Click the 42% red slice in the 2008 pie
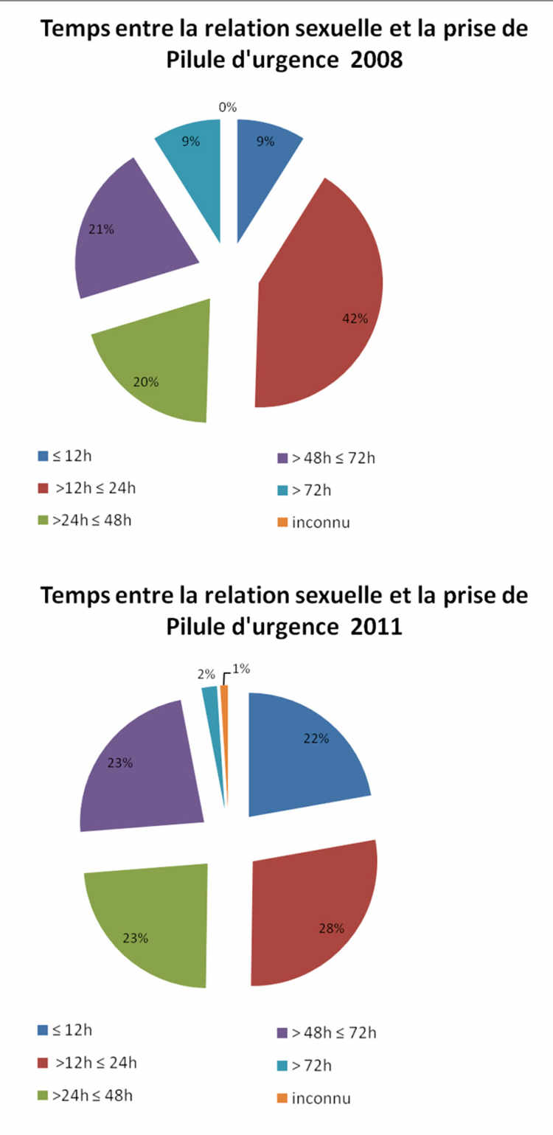coord(324,302)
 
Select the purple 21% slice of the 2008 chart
coord(133,236)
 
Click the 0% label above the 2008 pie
coord(228,108)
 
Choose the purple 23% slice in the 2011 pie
coord(140,767)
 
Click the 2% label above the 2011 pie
coord(206,674)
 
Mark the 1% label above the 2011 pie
coord(241,669)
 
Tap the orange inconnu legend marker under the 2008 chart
coord(282,523)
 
